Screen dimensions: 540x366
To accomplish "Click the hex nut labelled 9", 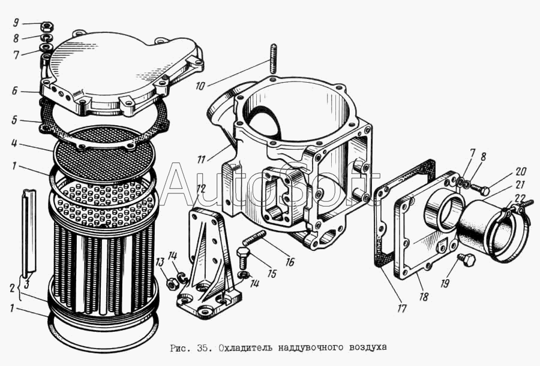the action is (x=46, y=26).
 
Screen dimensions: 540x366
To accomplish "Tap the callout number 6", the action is (x=14, y=91).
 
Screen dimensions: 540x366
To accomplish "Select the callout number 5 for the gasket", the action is (x=14, y=120).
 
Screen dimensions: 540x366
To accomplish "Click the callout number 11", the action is (x=201, y=159).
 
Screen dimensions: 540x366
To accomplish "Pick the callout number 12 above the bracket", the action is (x=201, y=189).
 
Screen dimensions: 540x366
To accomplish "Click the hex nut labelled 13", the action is (x=171, y=283).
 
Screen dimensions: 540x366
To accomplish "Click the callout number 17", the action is (x=401, y=308).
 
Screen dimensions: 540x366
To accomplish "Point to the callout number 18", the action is (x=424, y=296).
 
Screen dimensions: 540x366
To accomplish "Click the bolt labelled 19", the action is (x=466, y=260).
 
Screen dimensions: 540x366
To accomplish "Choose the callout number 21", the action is (x=520, y=184).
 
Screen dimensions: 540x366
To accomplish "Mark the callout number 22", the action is (x=520, y=199).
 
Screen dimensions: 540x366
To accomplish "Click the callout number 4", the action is (x=14, y=143).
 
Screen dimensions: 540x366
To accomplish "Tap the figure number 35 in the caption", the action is (x=202, y=348).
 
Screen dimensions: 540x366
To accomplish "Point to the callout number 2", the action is (x=13, y=288).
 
